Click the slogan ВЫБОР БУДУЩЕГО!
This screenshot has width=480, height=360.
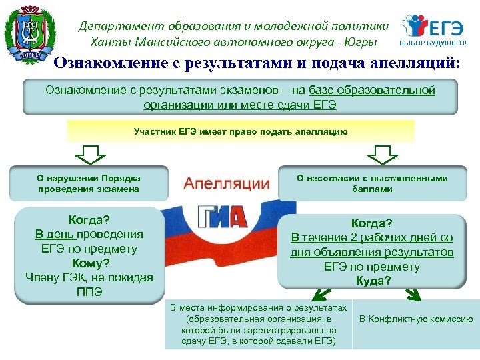click(437, 43)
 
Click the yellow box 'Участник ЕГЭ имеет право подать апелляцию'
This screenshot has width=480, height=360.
click(241, 131)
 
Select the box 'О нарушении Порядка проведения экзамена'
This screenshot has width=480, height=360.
click(88, 183)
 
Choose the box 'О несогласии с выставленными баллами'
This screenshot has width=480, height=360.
click(372, 183)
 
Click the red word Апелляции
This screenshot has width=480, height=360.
click(227, 183)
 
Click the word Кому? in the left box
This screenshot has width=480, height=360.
click(89, 263)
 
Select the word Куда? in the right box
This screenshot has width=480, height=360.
click(372, 281)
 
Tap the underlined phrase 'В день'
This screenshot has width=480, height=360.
click(56, 234)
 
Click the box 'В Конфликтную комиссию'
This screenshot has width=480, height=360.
click(416, 319)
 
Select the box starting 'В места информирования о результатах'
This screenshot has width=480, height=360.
click(258, 325)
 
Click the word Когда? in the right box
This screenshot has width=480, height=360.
click(372, 223)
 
